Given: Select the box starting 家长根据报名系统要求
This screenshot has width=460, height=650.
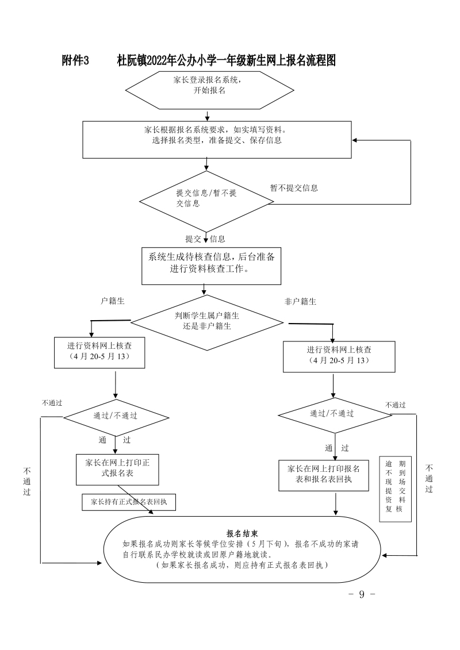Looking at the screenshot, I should pos(217,139).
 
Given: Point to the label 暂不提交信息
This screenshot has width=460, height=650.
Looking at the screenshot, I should pos(294,188).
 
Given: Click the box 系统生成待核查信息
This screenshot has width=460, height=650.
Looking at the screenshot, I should pos(212,264).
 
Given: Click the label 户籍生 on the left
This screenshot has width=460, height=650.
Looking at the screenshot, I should pos(113,301).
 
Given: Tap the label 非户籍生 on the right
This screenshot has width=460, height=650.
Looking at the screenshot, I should pos(300,301).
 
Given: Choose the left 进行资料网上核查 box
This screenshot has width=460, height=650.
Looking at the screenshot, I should pos(98,352).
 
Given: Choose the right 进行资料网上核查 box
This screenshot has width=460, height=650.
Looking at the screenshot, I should pos(339,356).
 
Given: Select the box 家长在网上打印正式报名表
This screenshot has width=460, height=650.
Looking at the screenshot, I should pos(117,469).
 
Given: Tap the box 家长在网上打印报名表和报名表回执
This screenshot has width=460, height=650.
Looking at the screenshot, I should pos(323,475).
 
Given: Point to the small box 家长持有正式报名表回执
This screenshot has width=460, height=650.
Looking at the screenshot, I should pos(129,502).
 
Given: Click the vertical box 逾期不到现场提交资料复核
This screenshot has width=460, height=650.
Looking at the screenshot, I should pos(396,489).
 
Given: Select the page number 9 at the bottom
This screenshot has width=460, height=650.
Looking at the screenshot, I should pos(362,594).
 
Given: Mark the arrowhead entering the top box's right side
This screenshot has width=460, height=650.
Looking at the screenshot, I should pos(355,140).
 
